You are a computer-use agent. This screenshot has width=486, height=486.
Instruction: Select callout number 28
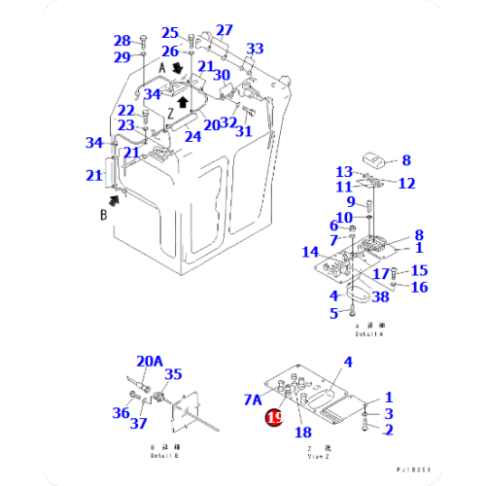click(x=121, y=41)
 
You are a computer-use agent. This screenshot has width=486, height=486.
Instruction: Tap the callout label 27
click(x=225, y=30)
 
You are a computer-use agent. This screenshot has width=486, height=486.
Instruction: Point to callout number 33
click(x=255, y=49)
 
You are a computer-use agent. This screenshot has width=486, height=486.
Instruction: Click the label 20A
click(x=151, y=361)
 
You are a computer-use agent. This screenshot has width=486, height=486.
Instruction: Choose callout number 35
click(x=173, y=373)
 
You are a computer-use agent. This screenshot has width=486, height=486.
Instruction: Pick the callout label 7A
click(x=254, y=399)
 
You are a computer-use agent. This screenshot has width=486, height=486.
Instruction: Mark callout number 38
click(x=379, y=295)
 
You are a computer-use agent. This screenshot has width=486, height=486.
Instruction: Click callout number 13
click(x=344, y=172)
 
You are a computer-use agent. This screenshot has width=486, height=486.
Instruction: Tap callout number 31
click(x=244, y=131)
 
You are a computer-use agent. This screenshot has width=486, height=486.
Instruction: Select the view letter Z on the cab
click(x=169, y=113)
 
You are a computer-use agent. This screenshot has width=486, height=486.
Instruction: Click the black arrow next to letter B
click(x=118, y=199)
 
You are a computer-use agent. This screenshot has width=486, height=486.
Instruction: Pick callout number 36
click(x=121, y=413)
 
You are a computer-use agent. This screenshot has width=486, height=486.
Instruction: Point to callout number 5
click(x=333, y=312)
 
